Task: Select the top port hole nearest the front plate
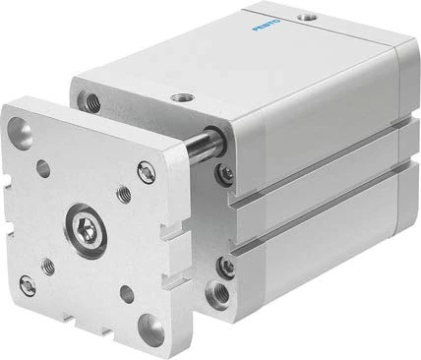183,96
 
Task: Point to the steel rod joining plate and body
203,149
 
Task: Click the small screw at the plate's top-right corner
148,174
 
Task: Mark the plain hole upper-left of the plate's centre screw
44,170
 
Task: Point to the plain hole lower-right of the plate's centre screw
126,292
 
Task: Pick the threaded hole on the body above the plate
91,99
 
